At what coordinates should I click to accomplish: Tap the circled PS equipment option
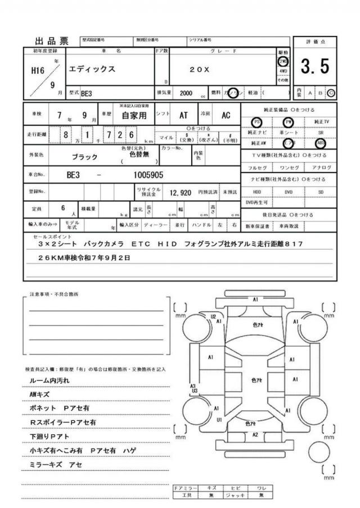click(256, 122)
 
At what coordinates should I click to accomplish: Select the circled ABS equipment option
click(320, 143)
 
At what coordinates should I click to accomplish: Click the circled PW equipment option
click(288, 122)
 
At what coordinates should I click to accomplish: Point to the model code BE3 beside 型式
click(87, 93)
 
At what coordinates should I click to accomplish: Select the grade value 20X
click(199, 70)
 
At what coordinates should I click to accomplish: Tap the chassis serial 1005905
click(149, 175)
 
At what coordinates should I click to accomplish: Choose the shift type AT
click(183, 115)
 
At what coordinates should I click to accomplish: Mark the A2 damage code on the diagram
click(255, 434)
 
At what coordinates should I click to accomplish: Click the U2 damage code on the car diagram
click(213, 317)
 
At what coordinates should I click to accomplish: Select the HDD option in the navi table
click(256, 191)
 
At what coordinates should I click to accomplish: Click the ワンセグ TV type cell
click(288, 167)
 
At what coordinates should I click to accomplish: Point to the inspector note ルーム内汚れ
click(51, 380)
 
